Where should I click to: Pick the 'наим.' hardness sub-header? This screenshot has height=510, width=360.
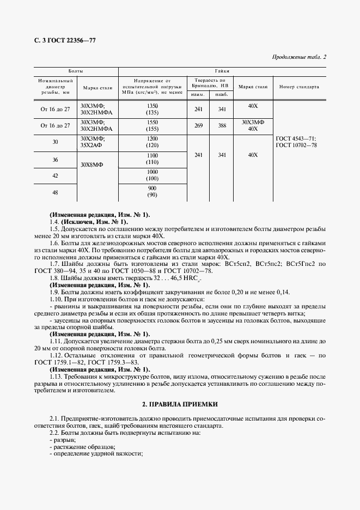(198, 95)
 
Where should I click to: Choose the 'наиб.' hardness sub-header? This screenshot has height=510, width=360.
(221, 95)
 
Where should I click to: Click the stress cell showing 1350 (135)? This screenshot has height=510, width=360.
(152, 110)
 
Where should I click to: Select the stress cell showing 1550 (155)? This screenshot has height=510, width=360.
(152, 126)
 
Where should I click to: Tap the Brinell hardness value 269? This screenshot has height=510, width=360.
(198, 125)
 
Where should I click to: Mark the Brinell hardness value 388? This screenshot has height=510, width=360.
(221, 125)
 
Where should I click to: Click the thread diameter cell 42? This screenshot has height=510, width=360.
(55, 175)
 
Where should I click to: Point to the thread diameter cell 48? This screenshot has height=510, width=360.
(55, 192)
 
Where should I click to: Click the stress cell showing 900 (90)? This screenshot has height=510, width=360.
(152, 192)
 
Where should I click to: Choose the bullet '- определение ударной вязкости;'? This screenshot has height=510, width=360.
(96, 453)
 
